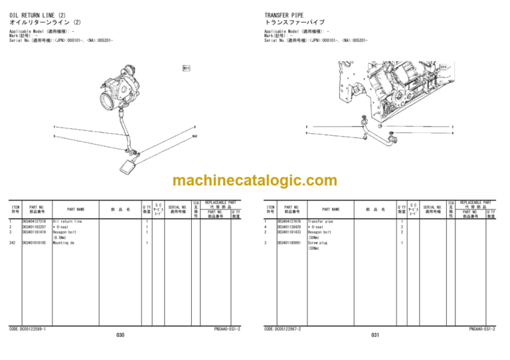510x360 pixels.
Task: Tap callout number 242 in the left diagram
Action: coord(195,136)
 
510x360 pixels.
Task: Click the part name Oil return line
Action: coord(67,221)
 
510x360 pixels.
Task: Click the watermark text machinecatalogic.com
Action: coord(254,181)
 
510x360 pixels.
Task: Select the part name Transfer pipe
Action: coord(321,221)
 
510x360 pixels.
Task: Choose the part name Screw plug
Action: coord(319,243)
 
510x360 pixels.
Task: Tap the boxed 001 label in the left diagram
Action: coord(187,68)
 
